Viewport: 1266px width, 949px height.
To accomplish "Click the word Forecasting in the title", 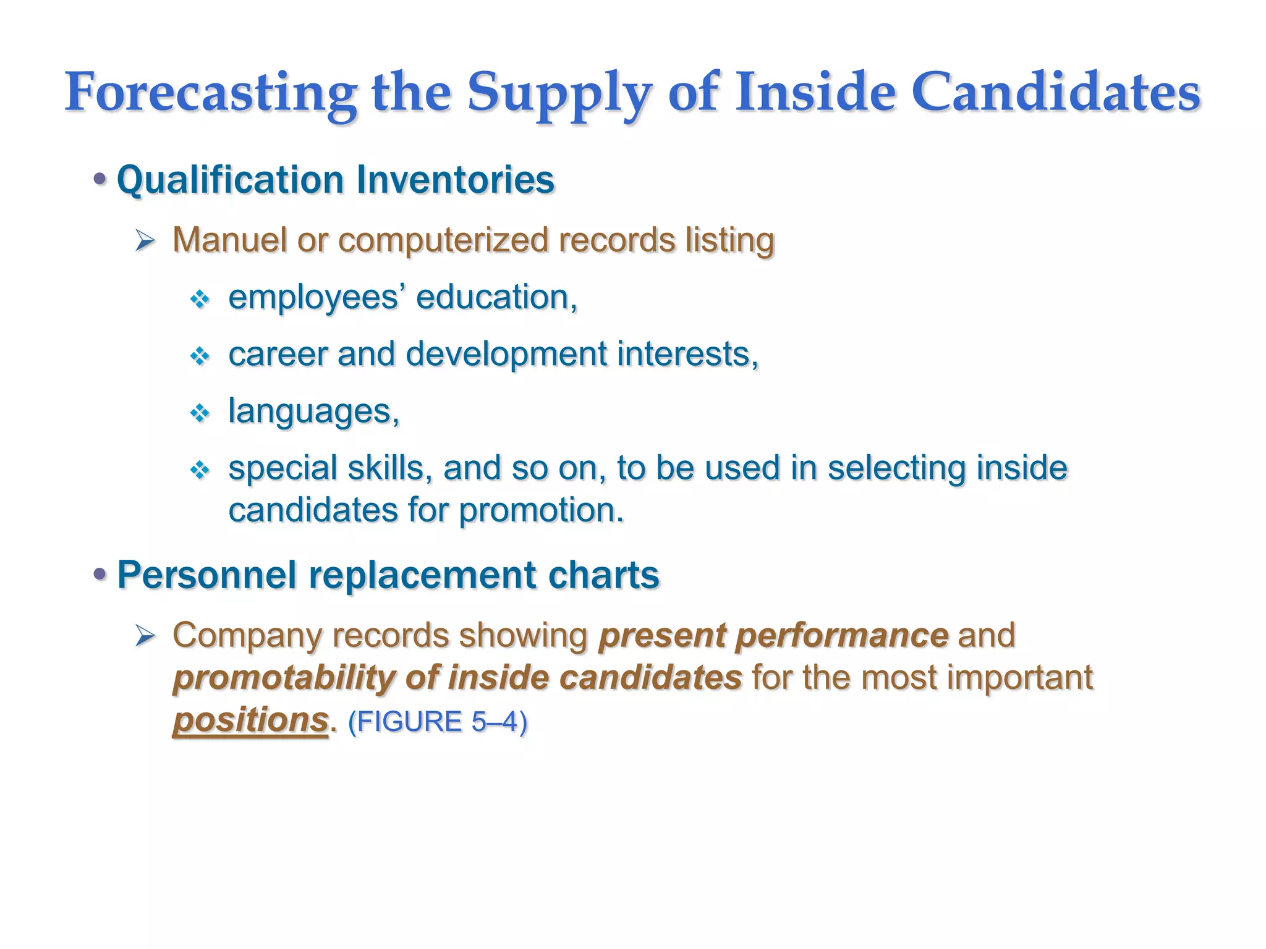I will point(210,93).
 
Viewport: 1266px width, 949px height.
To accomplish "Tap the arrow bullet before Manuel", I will point(145,240).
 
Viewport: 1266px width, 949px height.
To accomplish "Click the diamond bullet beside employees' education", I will point(200,300).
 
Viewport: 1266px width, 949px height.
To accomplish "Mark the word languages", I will point(313,411).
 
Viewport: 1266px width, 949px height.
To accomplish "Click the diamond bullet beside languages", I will point(200,413).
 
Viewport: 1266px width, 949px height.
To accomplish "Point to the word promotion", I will point(541,511).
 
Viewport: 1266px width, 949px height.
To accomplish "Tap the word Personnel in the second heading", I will point(206,575).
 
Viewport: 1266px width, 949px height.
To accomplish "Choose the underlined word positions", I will point(250,720).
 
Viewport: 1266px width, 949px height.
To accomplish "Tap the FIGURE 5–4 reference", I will point(437,722).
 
